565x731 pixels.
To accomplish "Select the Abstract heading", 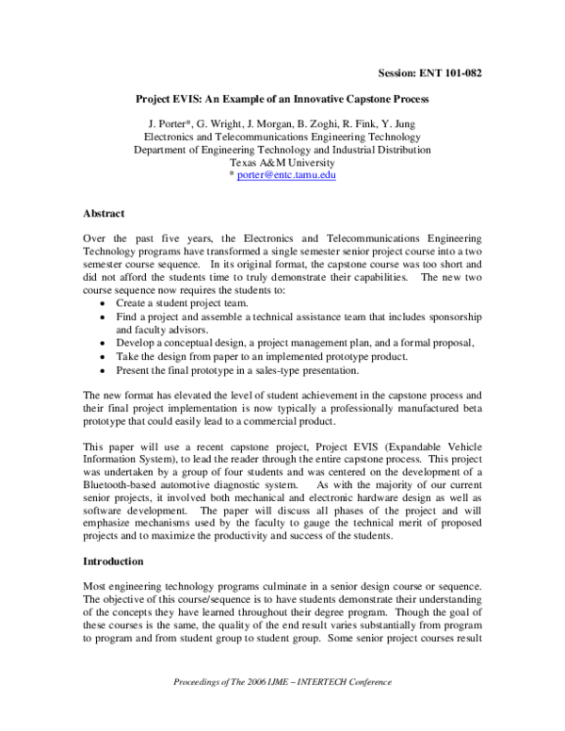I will (x=104, y=214).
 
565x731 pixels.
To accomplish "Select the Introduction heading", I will (x=113, y=561).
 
